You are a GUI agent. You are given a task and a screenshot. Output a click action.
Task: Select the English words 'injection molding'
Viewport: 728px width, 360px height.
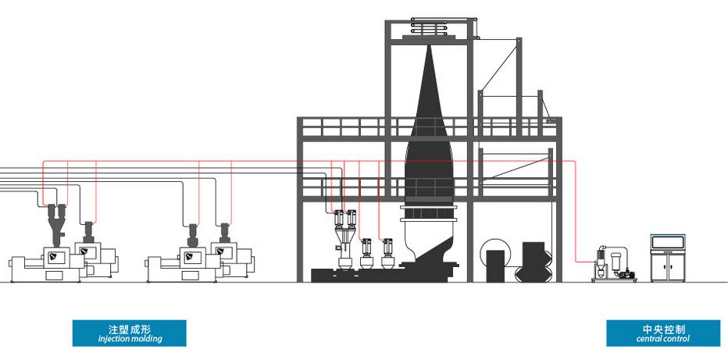[x=130, y=339]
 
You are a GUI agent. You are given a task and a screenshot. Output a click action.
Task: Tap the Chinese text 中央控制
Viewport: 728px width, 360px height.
[x=664, y=330]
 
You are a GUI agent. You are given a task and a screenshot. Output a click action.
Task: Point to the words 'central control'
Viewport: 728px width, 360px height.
[x=663, y=339]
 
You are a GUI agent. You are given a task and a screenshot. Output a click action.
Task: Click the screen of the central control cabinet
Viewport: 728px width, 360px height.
[x=668, y=242]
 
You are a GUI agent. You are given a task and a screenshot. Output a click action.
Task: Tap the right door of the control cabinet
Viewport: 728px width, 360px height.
[x=676, y=267]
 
